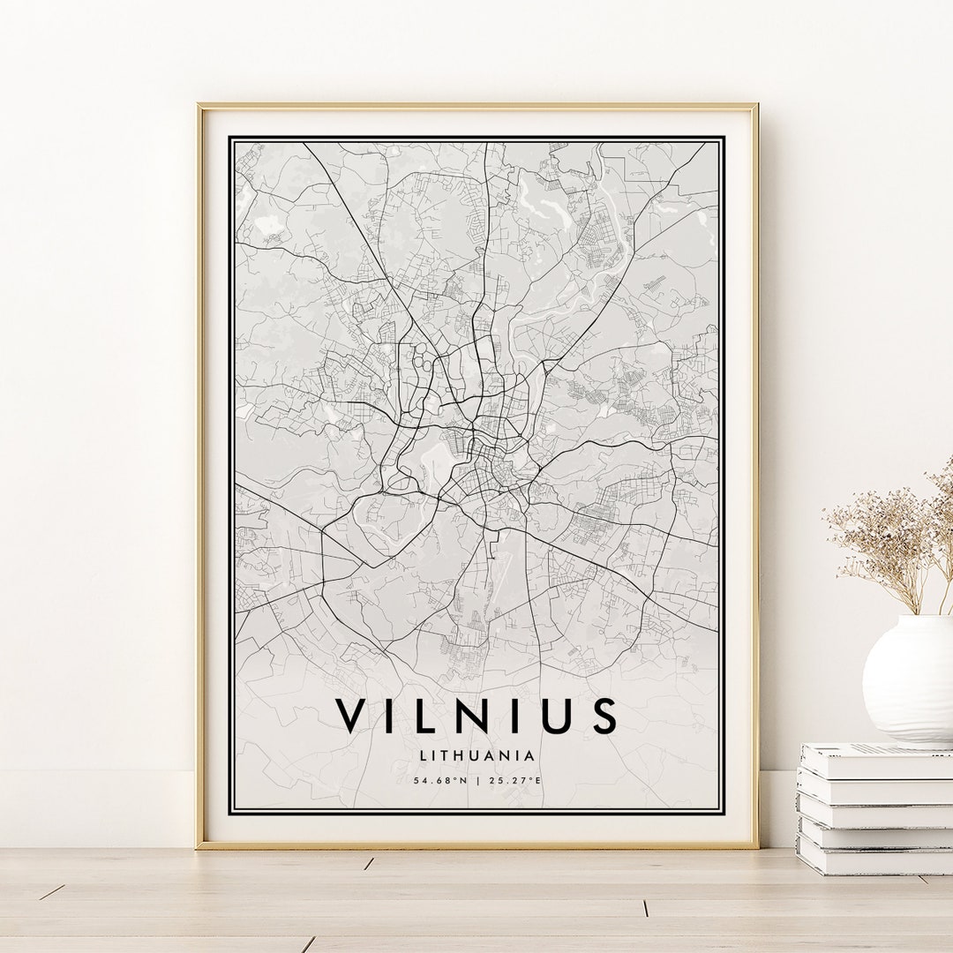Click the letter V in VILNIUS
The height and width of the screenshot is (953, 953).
pos(351,716)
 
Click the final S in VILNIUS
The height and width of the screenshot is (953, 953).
pos(604,716)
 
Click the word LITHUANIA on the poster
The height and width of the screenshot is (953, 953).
pos(477,755)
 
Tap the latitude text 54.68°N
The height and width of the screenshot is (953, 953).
pos(440,780)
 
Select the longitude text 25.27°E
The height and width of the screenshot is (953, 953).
pos(514,780)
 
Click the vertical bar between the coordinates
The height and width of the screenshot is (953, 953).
pos(477,780)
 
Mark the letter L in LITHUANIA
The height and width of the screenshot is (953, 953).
pos(425,755)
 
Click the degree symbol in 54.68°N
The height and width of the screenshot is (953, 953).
pos(454,778)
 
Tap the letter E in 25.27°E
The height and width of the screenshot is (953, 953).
pos(539,780)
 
